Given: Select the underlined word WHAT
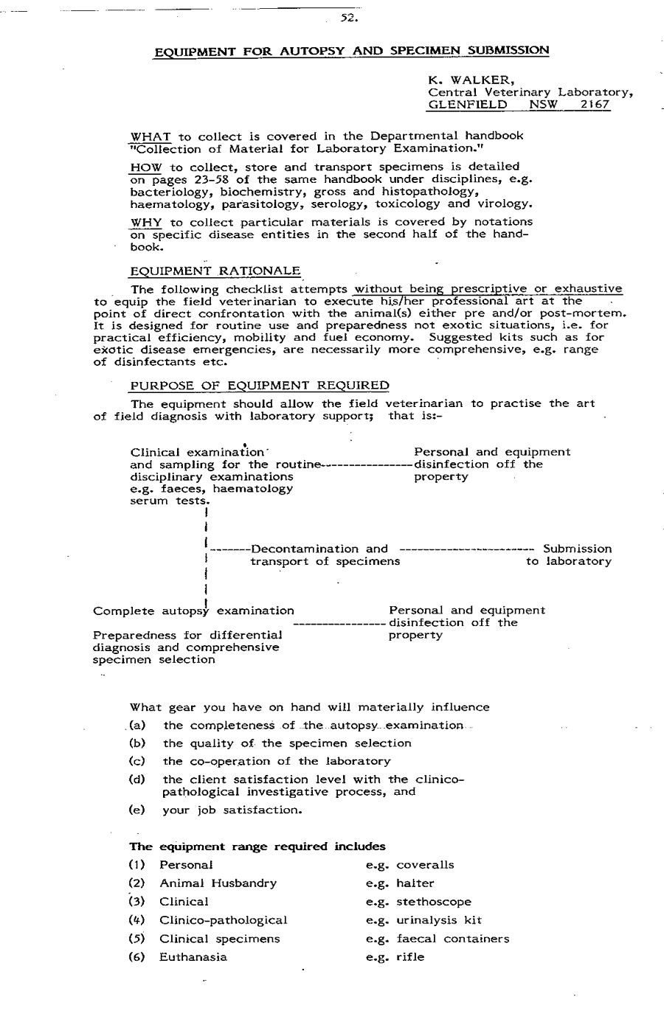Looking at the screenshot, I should [151, 136].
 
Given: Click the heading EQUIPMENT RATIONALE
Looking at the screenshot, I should [215, 271].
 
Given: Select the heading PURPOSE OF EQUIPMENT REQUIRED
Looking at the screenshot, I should [259, 386].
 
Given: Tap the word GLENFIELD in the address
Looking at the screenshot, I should [468, 105].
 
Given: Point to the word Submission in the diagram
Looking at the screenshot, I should [577, 549].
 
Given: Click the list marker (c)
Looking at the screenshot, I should [137, 761].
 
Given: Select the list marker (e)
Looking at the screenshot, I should [137, 810].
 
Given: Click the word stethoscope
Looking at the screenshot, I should [433, 902].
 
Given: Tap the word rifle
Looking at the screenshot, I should [410, 957].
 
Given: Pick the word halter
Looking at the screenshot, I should [415, 883].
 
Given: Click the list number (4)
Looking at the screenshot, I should [137, 920].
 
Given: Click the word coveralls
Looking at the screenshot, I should [425, 865].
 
